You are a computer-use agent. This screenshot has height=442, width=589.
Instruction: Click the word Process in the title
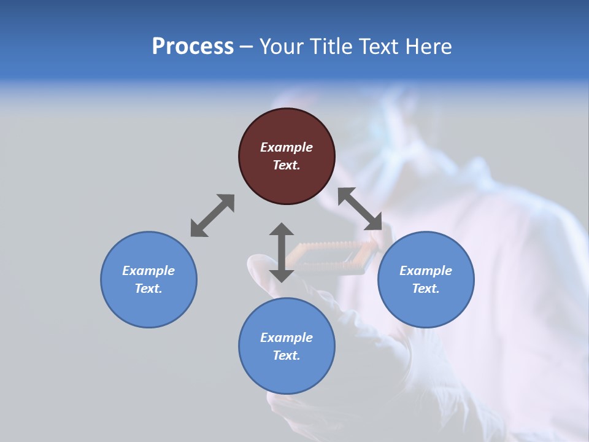click(x=193, y=47)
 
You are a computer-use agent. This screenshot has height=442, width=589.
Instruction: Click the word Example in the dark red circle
click(x=287, y=147)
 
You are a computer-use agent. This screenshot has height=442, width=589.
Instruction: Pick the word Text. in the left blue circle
click(x=148, y=289)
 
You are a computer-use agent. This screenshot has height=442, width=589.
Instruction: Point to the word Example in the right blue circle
click(x=426, y=271)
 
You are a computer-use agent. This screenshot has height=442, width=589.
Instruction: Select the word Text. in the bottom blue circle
click(x=287, y=355)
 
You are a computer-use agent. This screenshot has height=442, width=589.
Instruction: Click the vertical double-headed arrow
click(x=282, y=252)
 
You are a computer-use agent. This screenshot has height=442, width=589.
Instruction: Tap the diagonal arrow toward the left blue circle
click(x=212, y=215)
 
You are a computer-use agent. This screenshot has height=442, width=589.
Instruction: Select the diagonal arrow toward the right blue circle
click(x=360, y=209)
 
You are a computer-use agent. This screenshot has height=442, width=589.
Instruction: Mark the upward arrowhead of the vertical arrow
click(x=282, y=230)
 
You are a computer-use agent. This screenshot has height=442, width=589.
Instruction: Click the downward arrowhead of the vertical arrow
click(x=282, y=274)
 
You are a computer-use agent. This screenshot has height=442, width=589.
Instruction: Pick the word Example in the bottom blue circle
click(x=287, y=338)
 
